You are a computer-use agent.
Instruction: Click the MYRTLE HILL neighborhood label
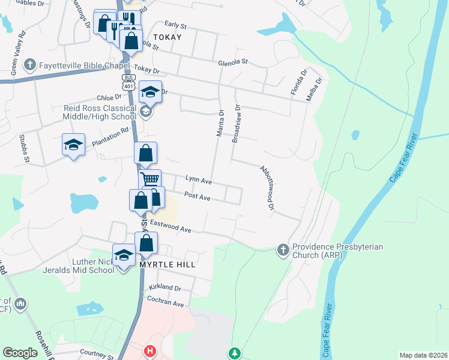click(x=167, y=264)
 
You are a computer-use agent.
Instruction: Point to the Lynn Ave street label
click(x=199, y=180)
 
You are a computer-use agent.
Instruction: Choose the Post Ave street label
click(x=197, y=196)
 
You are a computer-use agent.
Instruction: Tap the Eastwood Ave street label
click(x=170, y=226)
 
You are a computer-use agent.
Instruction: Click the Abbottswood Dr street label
click(x=267, y=187)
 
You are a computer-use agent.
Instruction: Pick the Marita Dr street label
click(x=220, y=123)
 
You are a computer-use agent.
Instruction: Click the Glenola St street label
click(x=233, y=62)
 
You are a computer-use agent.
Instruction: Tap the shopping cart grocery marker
click(x=149, y=179)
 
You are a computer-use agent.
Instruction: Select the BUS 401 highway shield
click(x=128, y=82)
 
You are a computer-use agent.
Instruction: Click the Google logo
click(x=20, y=353)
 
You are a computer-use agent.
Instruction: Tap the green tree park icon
click(x=234, y=353)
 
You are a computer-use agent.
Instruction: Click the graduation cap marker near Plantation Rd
click(x=73, y=146)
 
